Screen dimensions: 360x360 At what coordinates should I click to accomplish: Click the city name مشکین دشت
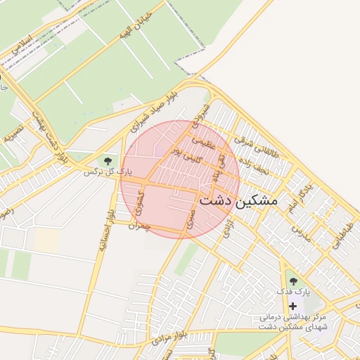[239, 200]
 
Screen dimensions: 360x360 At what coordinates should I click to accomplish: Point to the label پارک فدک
[303, 292]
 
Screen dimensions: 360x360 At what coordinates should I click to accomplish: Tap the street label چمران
[141, 226]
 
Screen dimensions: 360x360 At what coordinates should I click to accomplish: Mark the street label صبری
[190, 219]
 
